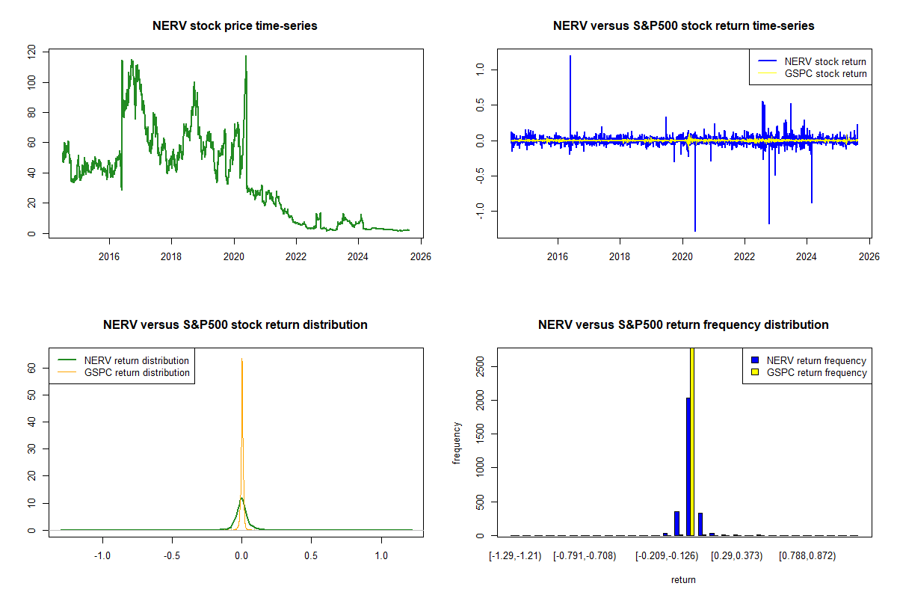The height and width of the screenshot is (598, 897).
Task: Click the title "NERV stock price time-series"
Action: (235, 26)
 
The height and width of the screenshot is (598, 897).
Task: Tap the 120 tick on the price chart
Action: (31, 52)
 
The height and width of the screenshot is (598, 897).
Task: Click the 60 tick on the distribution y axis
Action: (31, 369)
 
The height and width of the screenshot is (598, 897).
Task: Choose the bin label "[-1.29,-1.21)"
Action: (514, 556)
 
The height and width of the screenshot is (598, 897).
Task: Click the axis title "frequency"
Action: (457, 443)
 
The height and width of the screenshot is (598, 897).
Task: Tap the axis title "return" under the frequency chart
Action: (683, 579)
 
